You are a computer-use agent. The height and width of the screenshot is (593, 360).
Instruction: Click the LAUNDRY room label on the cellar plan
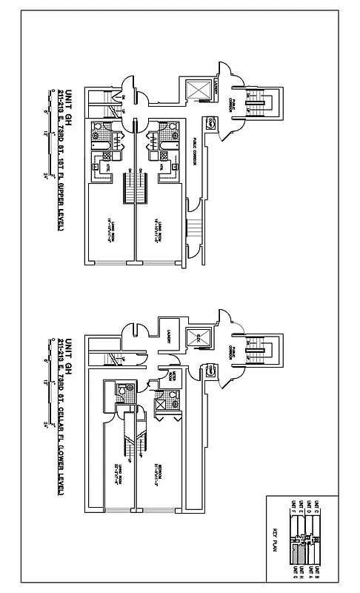[x=169, y=337]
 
